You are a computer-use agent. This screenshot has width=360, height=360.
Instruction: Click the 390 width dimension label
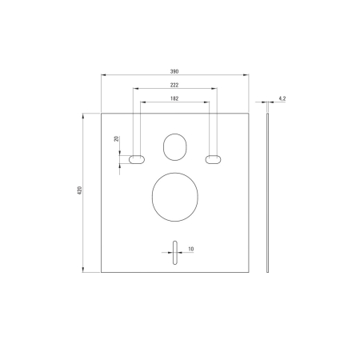pos(174,71)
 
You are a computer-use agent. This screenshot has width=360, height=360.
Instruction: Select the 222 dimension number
pos(174,85)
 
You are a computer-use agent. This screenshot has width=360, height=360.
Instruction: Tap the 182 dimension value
pos(174,98)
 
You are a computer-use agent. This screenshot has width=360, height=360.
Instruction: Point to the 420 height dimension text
pos(79,190)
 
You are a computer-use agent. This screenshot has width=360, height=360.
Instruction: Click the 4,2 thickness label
pos(282,98)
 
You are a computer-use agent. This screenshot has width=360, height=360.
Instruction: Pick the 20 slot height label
pos(117,138)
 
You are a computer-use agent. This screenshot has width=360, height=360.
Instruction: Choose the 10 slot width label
pos(191,249)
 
